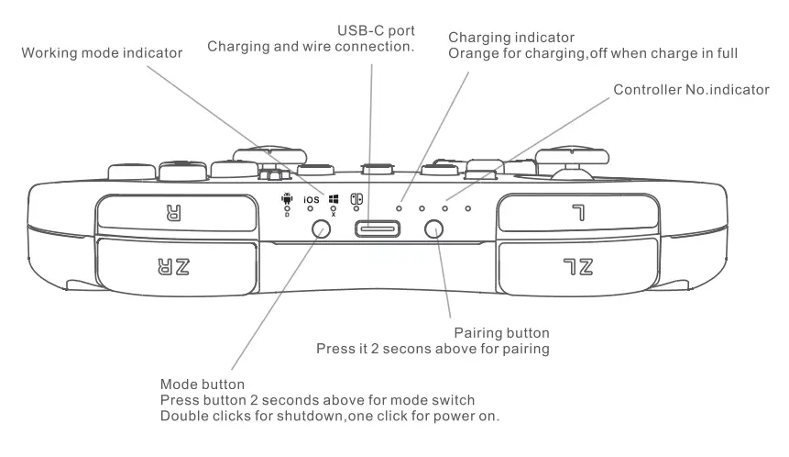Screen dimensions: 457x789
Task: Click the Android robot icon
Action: click(x=288, y=196)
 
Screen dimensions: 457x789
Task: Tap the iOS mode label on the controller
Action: click(x=312, y=199)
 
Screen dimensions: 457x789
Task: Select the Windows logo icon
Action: click(x=334, y=197)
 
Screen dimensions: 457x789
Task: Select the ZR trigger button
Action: click(x=175, y=266)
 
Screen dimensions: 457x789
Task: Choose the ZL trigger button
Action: click(x=578, y=266)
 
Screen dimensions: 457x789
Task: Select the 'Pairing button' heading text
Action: click(x=500, y=333)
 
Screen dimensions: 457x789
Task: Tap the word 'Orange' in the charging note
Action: click(x=471, y=53)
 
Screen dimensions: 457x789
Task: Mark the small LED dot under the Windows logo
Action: click(x=334, y=210)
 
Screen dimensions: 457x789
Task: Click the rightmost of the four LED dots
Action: click(x=467, y=208)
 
